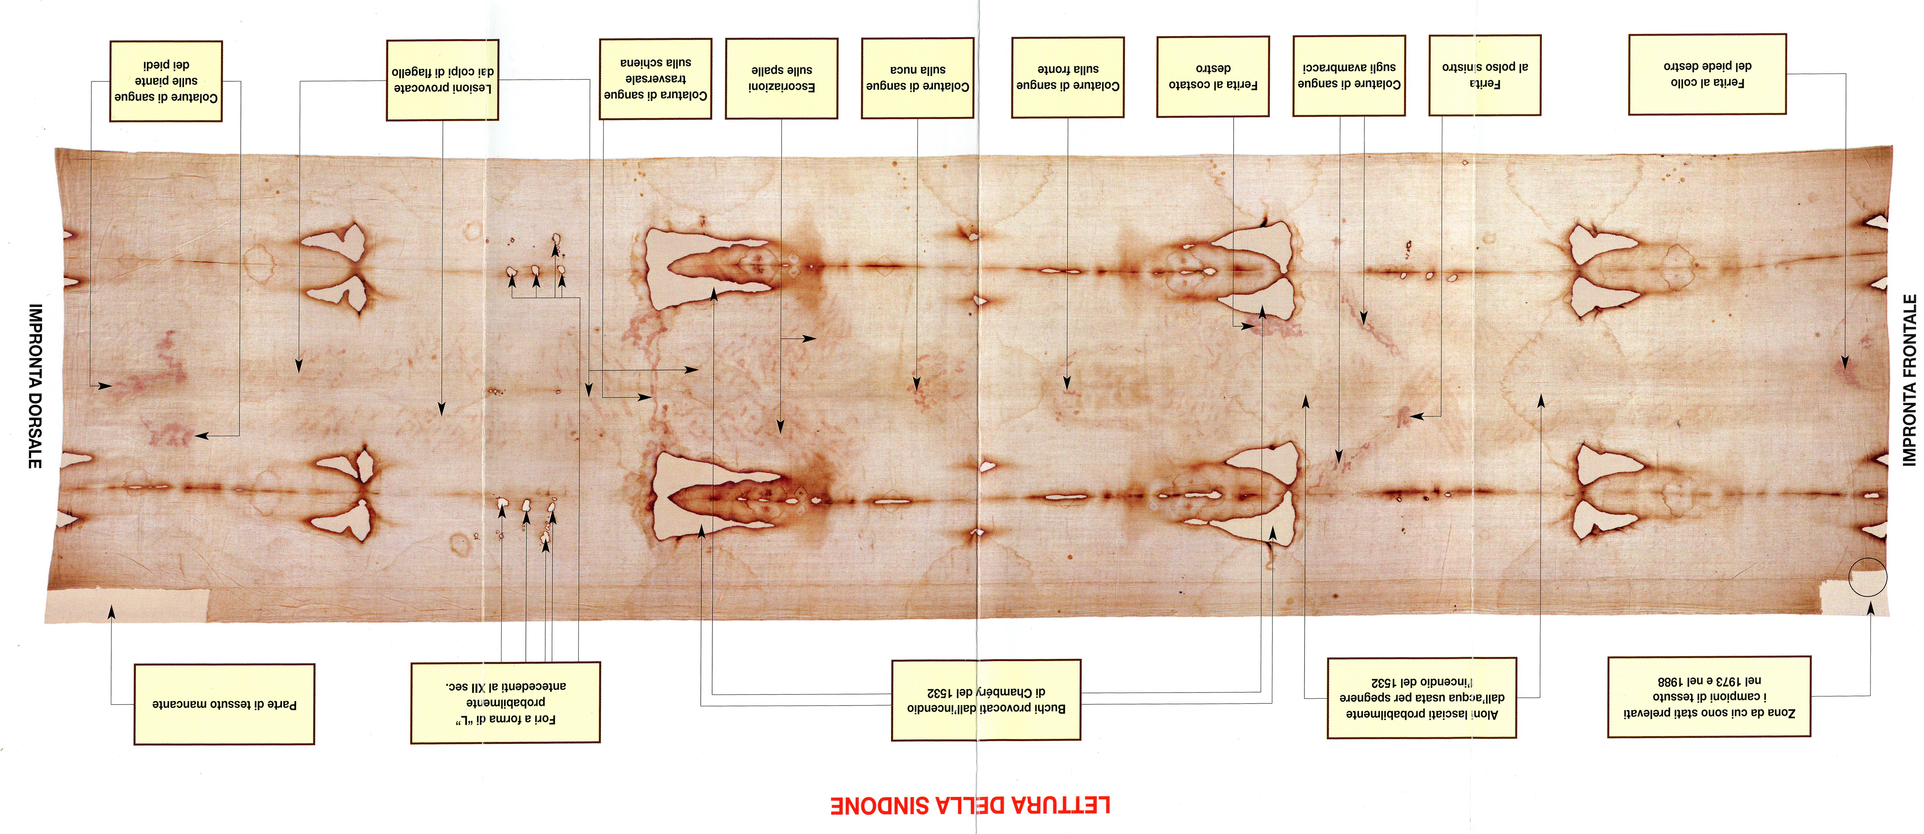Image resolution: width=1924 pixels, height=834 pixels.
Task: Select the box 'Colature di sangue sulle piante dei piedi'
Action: [x=166, y=80]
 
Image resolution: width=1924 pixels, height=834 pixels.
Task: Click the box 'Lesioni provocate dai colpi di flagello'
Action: [x=442, y=80]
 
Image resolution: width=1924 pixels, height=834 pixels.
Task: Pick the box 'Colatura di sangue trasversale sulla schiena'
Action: [x=655, y=79]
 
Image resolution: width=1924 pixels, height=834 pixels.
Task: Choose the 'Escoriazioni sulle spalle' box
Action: [x=781, y=79]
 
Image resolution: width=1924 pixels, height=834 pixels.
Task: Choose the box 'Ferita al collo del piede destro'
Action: [x=1707, y=74]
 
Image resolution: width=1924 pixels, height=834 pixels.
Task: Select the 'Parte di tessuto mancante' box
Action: [x=224, y=704]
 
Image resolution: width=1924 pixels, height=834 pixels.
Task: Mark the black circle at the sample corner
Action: [x=1867, y=577]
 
